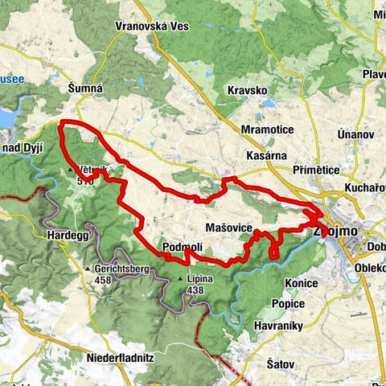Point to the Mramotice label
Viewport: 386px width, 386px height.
tap(272, 129)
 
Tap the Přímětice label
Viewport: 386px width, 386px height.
tap(319, 170)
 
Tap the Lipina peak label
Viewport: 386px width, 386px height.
tap(199, 279)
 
